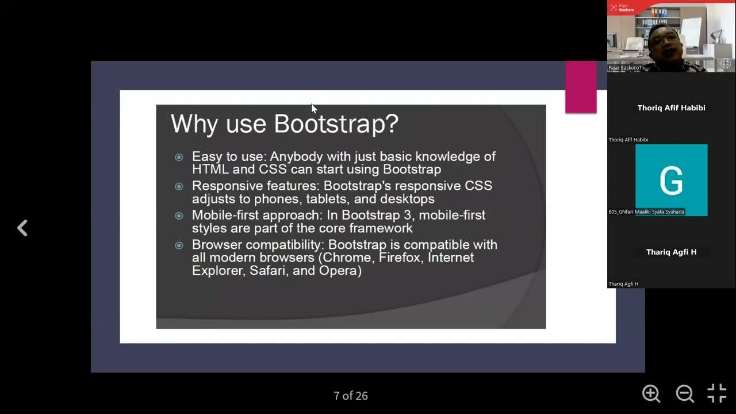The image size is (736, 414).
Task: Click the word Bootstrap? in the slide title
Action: pyautogui.click(x=336, y=124)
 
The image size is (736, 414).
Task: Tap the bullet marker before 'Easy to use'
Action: pyautogui.click(x=179, y=157)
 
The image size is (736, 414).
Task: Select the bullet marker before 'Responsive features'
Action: pyautogui.click(x=179, y=186)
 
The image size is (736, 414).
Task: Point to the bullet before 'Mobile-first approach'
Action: pyautogui.click(x=179, y=216)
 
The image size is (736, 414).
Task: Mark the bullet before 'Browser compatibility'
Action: pyautogui.click(x=179, y=245)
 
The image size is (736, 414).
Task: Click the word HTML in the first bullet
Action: pyautogui.click(x=210, y=170)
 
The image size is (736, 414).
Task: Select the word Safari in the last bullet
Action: pyautogui.click(x=268, y=271)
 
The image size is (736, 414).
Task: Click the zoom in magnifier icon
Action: pyautogui.click(x=651, y=394)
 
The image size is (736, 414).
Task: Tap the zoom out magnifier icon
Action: pyautogui.click(x=684, y=394)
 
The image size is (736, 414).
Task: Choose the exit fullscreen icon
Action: pyautogui.click(x=716, y=394)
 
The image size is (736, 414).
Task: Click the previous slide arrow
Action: pyautogui.click(x=22, y=228)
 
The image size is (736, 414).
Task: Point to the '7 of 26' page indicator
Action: pyautogui.click(x=351, y=396)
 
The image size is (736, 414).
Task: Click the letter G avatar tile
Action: pyautogui.click(x=671, y=179)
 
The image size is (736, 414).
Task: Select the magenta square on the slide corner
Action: pyautogui.click(x=581, y=87)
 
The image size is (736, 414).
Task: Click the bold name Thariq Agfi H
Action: pyautogui.click(x=671, y=252)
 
